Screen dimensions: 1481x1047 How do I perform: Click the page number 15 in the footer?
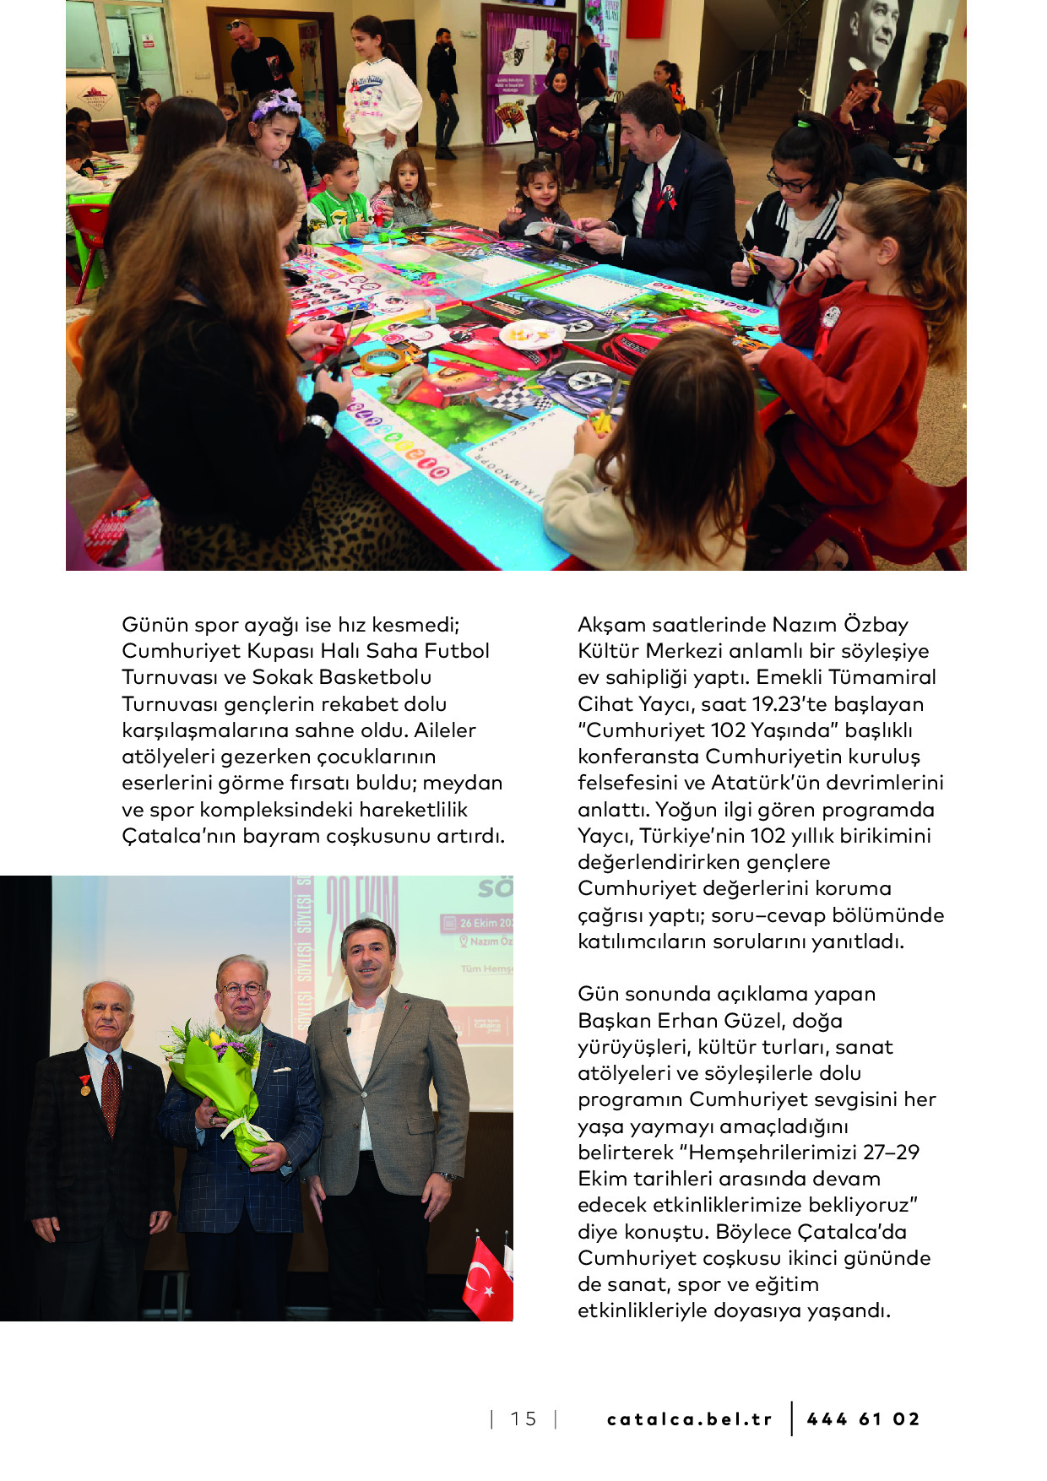tap(523, 1419)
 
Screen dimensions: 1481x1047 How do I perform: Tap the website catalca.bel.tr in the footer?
tap(689, 1419)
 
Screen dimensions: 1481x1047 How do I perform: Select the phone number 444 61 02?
tap(863, 1419)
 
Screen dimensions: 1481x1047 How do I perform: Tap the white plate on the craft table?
tap(532, 334)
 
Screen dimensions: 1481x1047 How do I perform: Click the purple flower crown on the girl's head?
tap(276, 105)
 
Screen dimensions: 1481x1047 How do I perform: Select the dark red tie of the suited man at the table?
tap(652, 203)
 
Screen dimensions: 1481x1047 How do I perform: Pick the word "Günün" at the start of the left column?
tap(155, 625)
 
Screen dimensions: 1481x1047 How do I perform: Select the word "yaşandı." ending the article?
tap(849, 1311)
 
